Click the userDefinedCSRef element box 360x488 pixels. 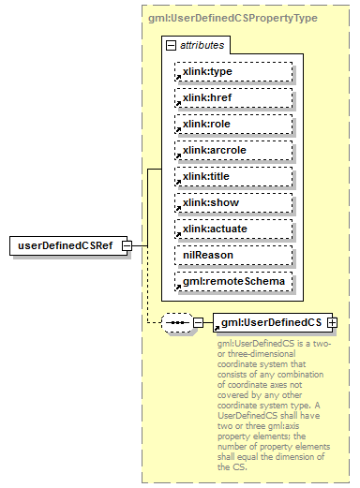point(66,245)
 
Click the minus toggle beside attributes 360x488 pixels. point(170,45)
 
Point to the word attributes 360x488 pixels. point(201,45)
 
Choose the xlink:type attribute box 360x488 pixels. point(232,71)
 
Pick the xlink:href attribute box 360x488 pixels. point(232,97)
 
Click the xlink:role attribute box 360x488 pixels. point(232,124)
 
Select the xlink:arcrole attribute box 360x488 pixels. point(232,150)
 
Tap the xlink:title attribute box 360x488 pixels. point(232,176)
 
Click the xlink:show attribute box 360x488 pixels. point(232,202)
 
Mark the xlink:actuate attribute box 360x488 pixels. point(232,229)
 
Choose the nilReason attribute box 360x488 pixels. point(232,255)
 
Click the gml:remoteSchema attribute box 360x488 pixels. point(232,281)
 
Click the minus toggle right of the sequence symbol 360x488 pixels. point(198,323)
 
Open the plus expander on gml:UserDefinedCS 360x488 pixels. point(331,323)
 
